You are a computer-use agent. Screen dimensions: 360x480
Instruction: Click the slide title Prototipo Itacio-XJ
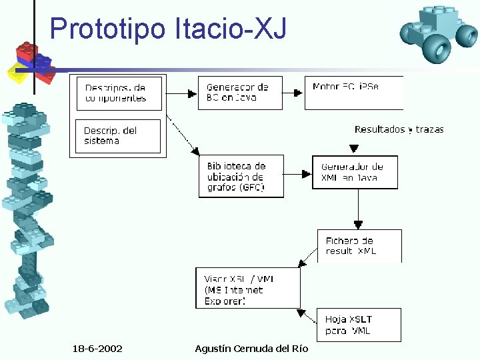click(x=168, y=28)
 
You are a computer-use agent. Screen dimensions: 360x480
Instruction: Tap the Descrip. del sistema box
click(x=118, y=136)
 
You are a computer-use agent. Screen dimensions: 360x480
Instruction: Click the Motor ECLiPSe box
click(x=353, y=93)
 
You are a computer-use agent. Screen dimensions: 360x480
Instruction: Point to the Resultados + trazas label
click(x=399, y=129)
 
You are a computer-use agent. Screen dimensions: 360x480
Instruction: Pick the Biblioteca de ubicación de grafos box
click(x=241, y=177)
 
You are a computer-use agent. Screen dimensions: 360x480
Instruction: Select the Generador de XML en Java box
click(x=355, y=172)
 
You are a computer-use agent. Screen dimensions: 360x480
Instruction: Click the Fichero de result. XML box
click(x=359, y=245)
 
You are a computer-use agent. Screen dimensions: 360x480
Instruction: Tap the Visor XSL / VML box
click(x=247, y=288)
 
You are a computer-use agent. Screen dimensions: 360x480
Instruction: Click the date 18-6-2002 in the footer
click(x=97, y=349)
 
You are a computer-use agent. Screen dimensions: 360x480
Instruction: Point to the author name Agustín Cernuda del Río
click(x=251, y=349)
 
